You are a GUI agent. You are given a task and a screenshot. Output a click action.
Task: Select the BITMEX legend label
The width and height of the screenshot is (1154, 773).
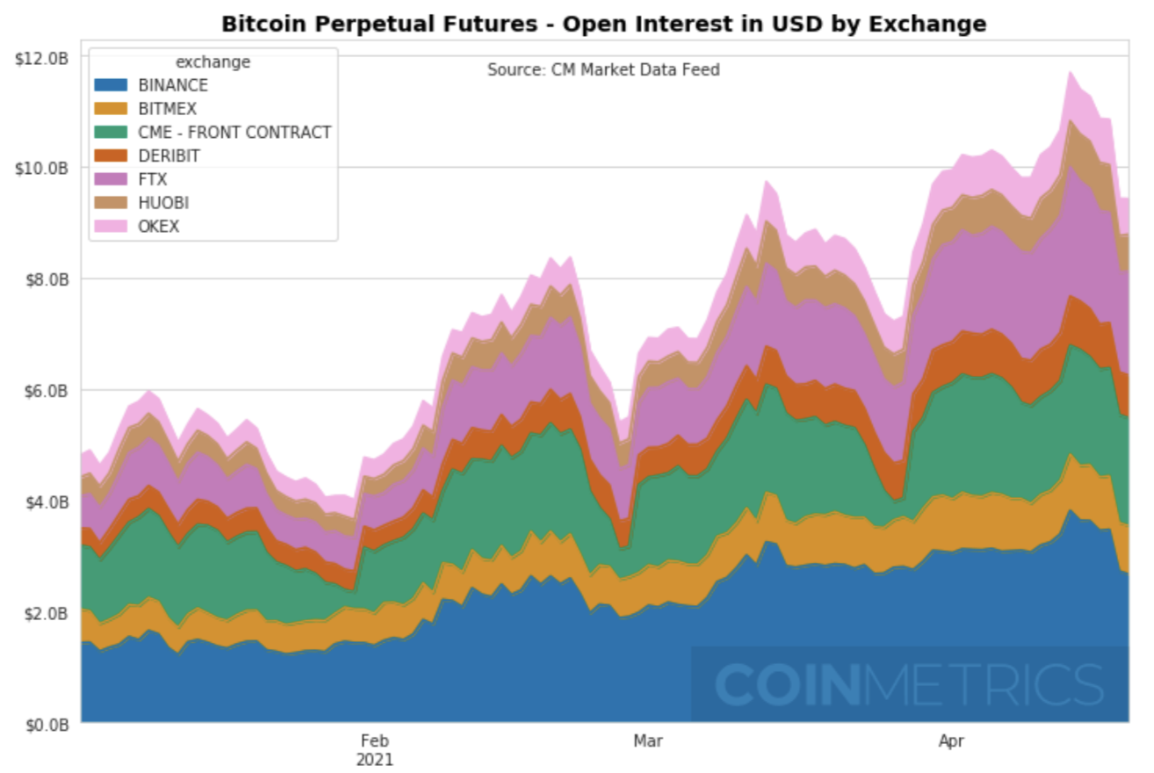click(168, 109)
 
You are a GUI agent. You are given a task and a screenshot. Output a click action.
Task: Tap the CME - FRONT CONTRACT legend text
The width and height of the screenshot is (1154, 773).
click(234, 133)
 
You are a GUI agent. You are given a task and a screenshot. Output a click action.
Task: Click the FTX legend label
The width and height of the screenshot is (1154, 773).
click(153, 179)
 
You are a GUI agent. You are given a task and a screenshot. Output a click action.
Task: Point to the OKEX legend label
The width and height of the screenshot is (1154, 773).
click(159, 227)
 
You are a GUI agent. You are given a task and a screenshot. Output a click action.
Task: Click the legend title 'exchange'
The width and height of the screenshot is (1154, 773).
click(213, 62)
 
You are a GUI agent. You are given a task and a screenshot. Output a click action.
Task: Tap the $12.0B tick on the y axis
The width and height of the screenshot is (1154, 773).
click(40, 58)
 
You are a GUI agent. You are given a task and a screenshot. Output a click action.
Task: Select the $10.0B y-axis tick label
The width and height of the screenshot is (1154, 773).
click(40, 168)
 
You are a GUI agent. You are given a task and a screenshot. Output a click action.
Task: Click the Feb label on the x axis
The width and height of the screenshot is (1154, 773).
click(374, 741)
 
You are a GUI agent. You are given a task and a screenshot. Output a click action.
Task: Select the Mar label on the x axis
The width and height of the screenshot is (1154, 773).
click(647, 741)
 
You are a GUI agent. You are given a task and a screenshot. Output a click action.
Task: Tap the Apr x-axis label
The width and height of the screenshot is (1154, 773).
click(951, 741)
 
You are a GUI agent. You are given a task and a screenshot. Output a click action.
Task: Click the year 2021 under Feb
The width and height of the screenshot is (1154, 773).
click(374, 759)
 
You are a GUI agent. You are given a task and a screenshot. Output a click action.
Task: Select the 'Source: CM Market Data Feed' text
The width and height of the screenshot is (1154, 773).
click(603, 69)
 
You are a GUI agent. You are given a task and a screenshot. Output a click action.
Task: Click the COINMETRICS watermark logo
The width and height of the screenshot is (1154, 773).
click(908, 684)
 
